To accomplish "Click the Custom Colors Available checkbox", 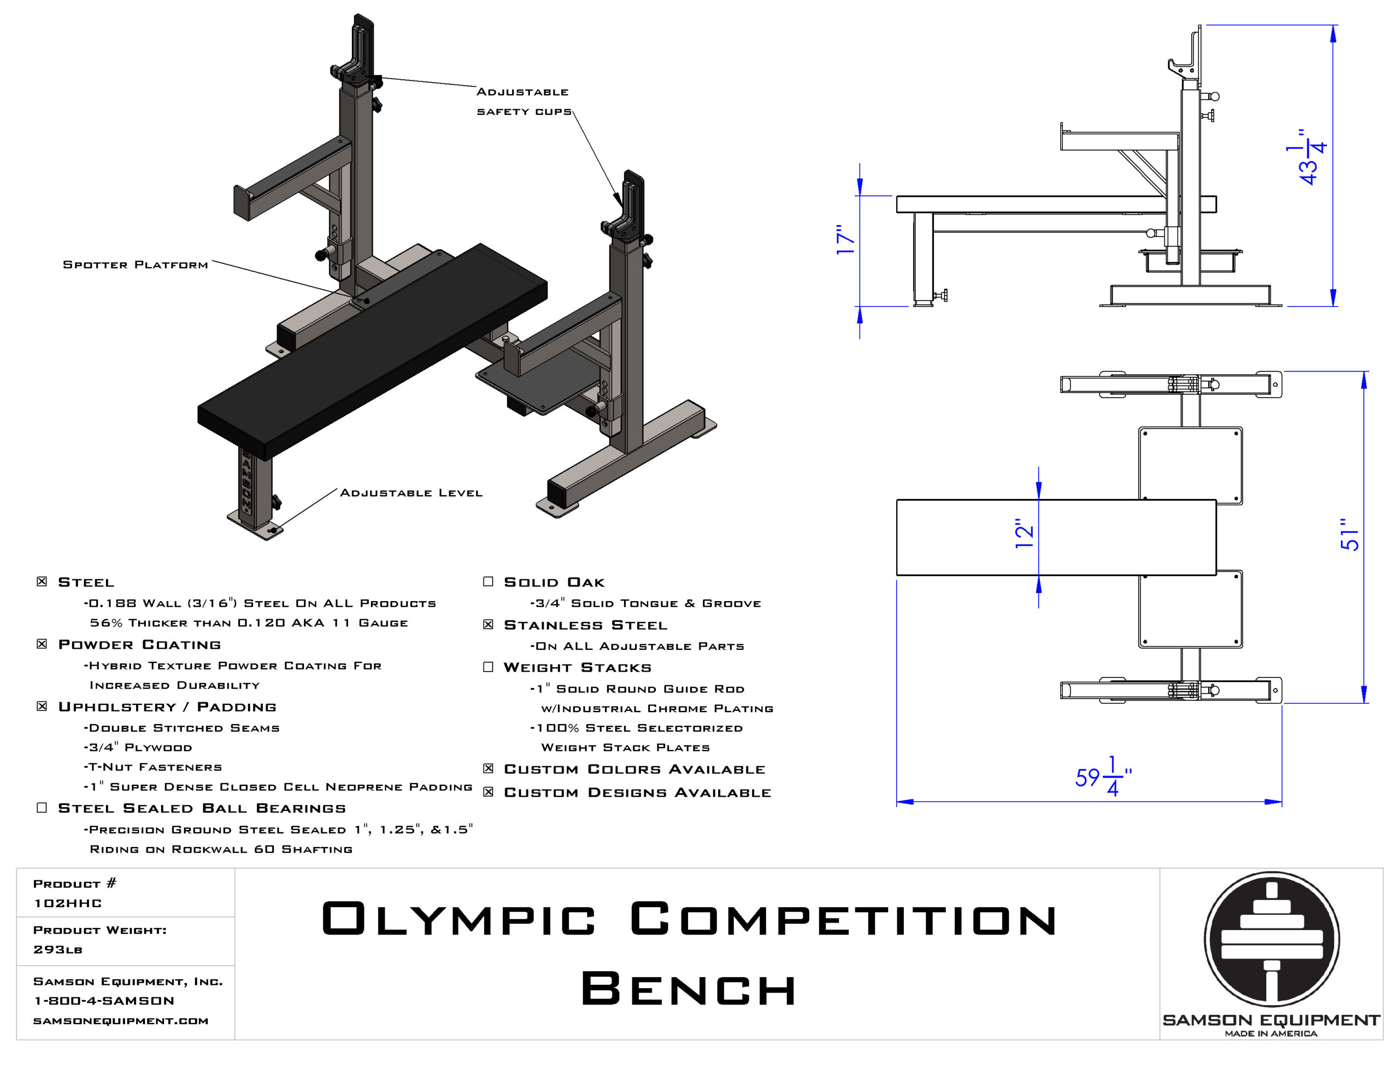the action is point(488,768).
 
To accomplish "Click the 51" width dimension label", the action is point(1349,534).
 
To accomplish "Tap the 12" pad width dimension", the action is point(1024,533).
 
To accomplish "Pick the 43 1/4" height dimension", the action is point(1306,157).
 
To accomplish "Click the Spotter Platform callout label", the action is point(135,265).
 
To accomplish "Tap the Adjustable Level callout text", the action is point(410,493).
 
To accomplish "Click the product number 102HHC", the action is point(67,903).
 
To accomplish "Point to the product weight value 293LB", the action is point(57,949).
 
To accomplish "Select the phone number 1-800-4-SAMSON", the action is point(104,1000).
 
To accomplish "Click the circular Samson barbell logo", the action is point(1272,939).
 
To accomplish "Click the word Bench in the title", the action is point(689,988).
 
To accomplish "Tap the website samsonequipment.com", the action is point(120,1021).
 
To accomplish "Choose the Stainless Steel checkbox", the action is point(488,624).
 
